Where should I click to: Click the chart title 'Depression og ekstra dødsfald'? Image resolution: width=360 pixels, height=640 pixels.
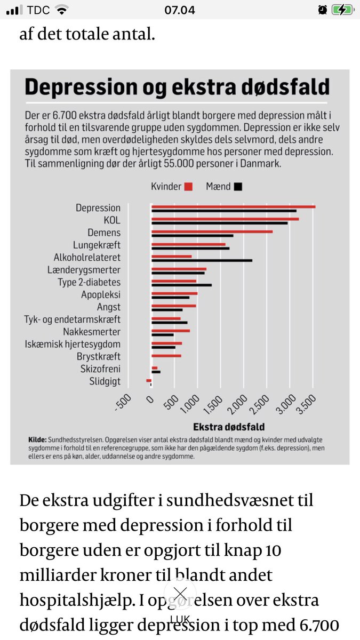(177, 87)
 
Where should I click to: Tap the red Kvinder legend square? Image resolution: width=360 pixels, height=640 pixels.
(188, 187)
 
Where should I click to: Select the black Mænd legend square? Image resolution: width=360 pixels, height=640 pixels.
(238, 187)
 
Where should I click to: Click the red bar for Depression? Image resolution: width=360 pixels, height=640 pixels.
(233, 206)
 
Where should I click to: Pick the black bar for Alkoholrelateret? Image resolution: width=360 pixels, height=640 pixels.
(202, 260)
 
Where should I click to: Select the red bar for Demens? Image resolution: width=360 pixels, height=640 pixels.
(212, 231)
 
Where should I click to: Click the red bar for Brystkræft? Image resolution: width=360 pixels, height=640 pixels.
(166, 355)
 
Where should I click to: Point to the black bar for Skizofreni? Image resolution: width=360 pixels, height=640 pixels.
(156, 372)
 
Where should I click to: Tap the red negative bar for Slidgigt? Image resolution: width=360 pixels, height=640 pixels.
(149, 380)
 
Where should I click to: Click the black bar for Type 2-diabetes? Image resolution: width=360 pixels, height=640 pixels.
(181, 285)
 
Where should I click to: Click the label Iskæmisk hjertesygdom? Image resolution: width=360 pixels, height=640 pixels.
(73, 344)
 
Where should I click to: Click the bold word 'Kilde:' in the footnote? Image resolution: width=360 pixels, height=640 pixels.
(37, 439)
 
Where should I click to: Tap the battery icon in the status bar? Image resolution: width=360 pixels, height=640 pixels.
(341, 10)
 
